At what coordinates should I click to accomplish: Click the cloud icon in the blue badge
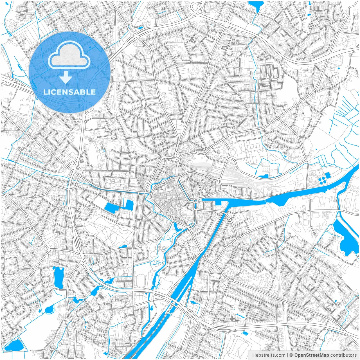(x=69, y=56)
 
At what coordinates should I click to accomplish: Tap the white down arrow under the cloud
(x=66, y=77)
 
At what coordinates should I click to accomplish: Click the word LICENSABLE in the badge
(x=69, y=92)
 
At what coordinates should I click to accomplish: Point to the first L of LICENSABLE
(x=45, y=92)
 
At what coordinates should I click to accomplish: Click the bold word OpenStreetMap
(x=312, y=355)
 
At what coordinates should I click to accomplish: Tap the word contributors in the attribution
(x=343, y=355)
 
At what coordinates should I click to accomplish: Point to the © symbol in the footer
(x=291, y=355)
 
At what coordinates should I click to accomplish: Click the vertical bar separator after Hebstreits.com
(x=287, y=355)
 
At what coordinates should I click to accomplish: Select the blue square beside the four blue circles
(x=328, y=175)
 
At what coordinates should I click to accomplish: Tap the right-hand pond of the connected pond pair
(x=129, y=204)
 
